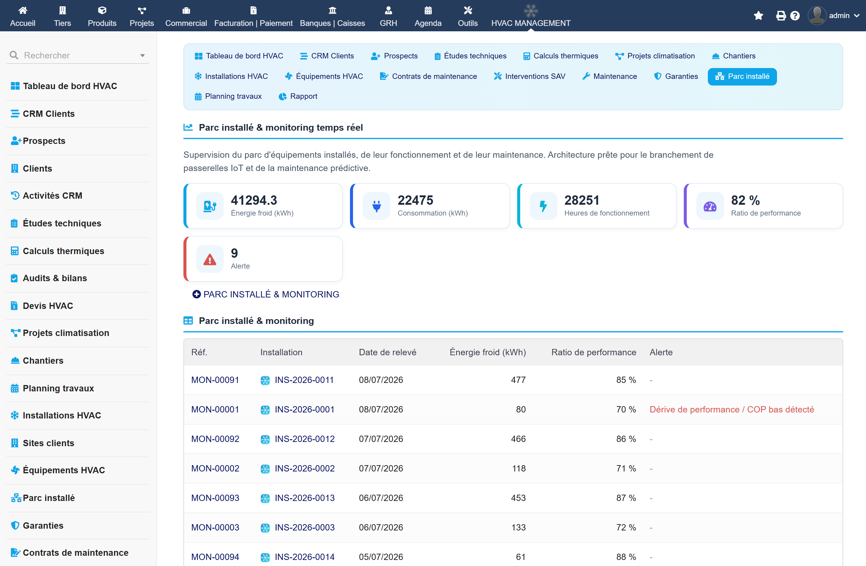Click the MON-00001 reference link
point(215,409)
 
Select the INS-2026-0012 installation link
point(305,439)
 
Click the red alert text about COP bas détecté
point(732,409)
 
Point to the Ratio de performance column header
point(594,352)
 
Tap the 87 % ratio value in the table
point(626,498)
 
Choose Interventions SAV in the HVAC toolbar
point(530,76)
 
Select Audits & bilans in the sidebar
point(55,278)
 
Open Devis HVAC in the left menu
point(48,306)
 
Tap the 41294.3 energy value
point(254,200)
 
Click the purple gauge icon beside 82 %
point(710,207)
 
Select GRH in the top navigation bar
point(388,16)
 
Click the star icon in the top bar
point(758,16)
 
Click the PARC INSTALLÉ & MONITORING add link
point(266,294)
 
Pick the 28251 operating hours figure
point(582,200)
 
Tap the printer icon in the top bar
point(781,16)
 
